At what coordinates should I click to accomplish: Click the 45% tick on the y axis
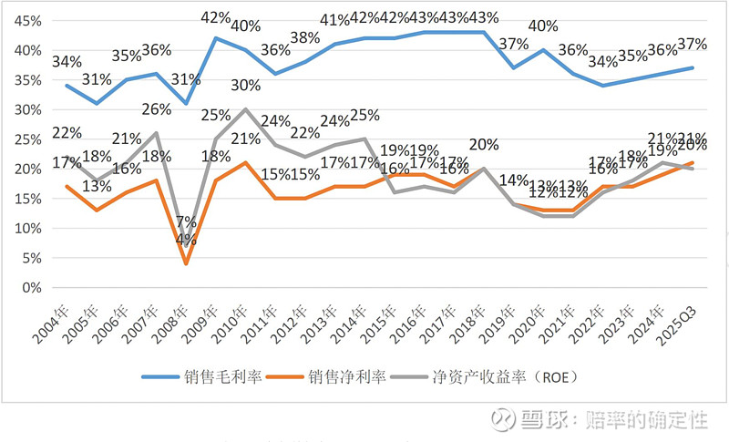click(x=26, y=21)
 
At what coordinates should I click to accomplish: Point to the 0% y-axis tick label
click(x=29, y=288)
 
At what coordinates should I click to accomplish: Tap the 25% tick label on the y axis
click(x=26, y=139)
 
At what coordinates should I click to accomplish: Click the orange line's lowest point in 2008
click(x=186, y=264)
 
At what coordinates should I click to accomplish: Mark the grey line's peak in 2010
click(x=243, y=109)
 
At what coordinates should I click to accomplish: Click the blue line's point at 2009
click(x=214, y=38)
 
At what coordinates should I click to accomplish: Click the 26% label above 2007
click(x=157, y=110)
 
